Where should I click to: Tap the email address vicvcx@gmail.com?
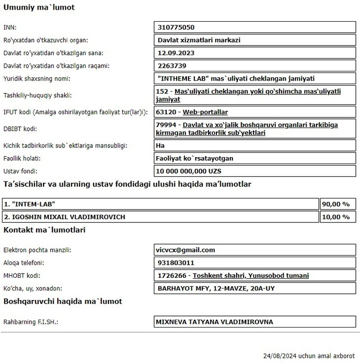186,250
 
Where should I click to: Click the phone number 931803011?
176,263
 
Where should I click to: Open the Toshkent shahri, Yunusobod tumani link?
250,276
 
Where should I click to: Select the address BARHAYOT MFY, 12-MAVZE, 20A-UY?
216,288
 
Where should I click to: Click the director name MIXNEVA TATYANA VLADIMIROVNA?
214,322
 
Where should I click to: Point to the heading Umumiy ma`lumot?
39,8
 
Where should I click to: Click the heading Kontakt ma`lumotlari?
44,230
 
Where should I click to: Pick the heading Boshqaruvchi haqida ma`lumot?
62,301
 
